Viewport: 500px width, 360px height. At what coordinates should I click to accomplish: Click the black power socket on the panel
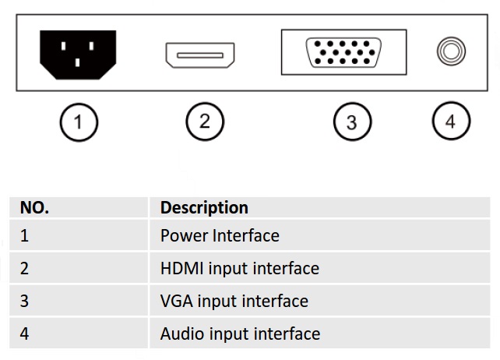[x=77, y=55]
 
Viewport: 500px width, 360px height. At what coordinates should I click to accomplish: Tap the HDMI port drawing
[x=200, y=55]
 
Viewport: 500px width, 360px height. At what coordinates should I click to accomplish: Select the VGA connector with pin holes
[x=343, y=53]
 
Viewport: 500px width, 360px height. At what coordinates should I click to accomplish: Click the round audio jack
[x=450, y=53]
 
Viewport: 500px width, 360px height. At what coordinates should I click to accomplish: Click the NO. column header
[x=34, y=208]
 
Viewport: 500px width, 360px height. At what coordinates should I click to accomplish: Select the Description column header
[x=204, y=208]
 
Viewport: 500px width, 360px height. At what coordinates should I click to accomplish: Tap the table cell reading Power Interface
[x=220, y=235]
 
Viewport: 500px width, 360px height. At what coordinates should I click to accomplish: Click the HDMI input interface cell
[x=239, y=268]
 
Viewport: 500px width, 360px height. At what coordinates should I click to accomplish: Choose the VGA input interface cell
[x=234, y=301]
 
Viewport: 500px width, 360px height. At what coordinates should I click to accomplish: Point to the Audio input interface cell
[x=240, y=334]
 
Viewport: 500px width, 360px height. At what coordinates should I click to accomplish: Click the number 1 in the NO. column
[x=24, y=235]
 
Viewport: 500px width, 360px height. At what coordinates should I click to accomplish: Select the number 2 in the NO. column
[x=24, y=268]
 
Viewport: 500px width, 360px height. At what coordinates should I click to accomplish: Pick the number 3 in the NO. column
[x=24, y=301]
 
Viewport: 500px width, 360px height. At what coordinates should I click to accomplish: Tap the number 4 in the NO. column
[x=24, y=334]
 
